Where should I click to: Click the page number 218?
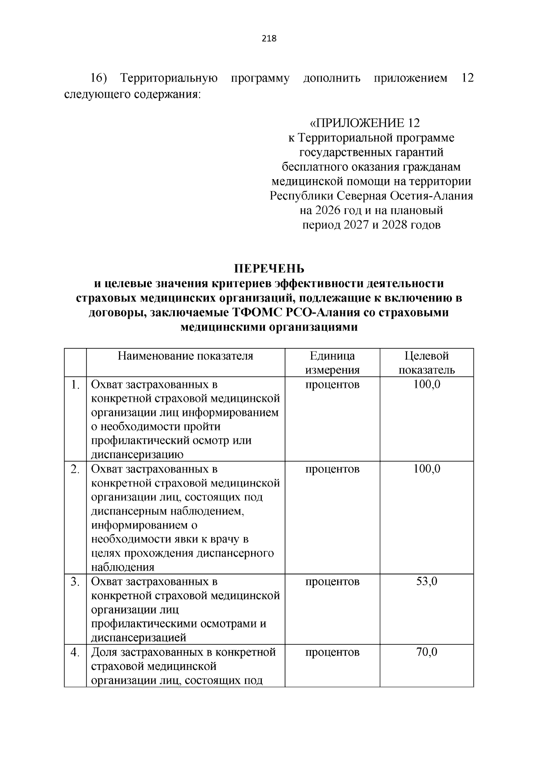(x=269, y=39)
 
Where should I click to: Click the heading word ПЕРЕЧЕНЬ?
(x=269, y=269)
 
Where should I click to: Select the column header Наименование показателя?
(x=186, y=356)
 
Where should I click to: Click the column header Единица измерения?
(x=332, y=363)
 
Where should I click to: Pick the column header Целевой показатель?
(x=426, y=363)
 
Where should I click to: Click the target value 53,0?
(x=426, y=582)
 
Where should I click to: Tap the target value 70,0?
(x=426, y=652)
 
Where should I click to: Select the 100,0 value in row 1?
(x=426, y=384)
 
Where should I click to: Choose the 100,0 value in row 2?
(x=426, y=469)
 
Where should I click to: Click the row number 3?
(x=75, y=582)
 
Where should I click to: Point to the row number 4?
(x=75, y=652)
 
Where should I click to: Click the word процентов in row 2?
(x=332, y=469)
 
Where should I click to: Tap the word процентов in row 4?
(x=332, y=652)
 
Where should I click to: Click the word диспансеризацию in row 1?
(x=137, y=455)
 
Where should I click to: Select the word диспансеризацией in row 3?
(x=139, y=638)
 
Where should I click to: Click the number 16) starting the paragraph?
(x=98, y=79)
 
